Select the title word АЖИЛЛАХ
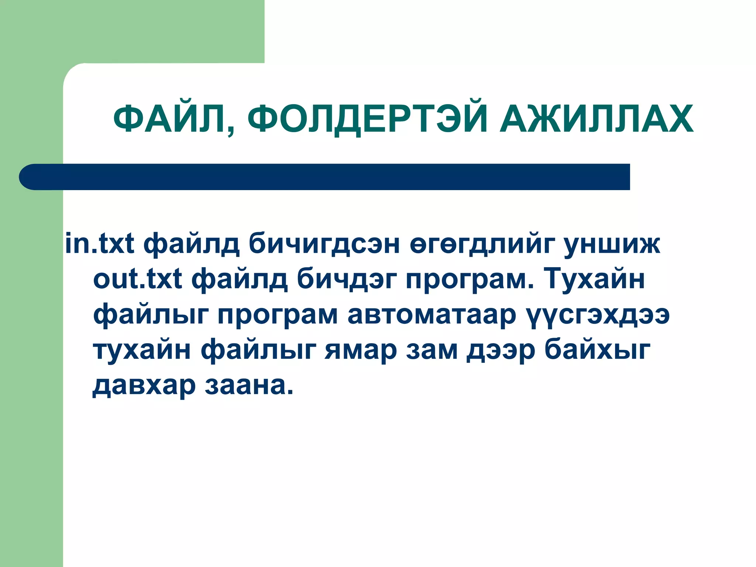pos(597,118)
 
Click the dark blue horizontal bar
pos(325,177)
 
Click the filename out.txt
pos(138,279)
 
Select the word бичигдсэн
pos(324,243)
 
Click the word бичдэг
pos(347,279)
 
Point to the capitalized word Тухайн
pos(594,279)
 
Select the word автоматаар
pos(431,315)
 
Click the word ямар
pos(361,350)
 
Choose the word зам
pos(432,350)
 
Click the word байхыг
pos(597,350)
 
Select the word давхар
pos(144,385)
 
